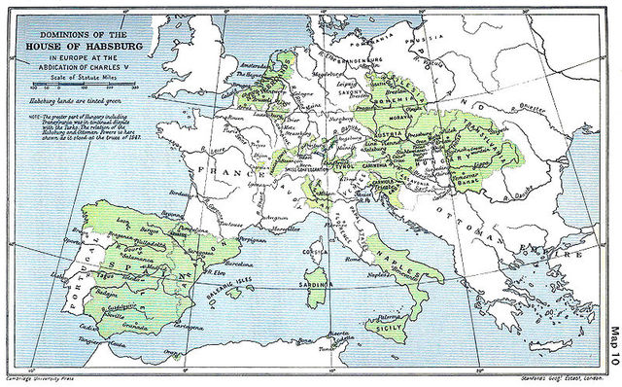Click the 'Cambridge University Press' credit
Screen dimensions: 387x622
pos(41,378)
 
